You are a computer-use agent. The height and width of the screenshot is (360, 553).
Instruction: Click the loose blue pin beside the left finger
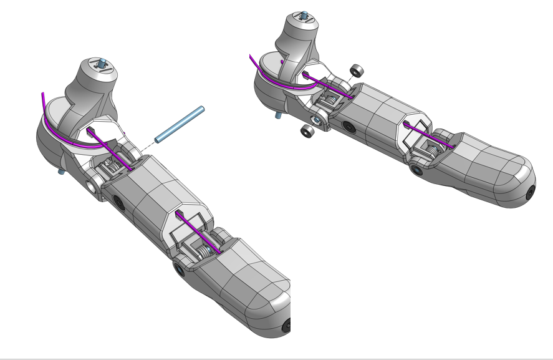(180, 124)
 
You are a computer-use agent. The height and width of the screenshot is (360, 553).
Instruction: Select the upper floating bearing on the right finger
(358, 70)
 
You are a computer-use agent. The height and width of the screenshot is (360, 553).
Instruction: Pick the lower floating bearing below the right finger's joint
(307, 130)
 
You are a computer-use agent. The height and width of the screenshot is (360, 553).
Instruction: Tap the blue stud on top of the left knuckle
(101, 62)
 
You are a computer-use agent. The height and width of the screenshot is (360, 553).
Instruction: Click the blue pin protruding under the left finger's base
(62, 170)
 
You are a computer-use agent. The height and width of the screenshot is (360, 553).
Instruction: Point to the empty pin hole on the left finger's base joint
(92, 186)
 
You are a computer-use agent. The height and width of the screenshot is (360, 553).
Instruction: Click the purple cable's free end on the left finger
(42, 95)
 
